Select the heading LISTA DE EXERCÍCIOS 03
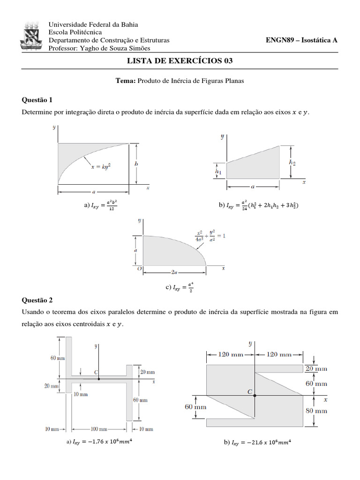pyautogui.click(x=180, y=61)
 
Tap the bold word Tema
pyautogui.click(x=125, y=81)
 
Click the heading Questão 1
pyautogui.click(x=37, y=100)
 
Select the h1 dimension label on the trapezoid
pyautogui.click(x=218, y=172)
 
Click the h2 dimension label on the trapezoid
pyautogui.click(x=292, y=162)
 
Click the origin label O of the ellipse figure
pyautogui.click(x=139, y=269)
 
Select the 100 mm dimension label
pyautogui.click(x=98, y=429)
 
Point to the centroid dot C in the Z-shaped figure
pyautogui.click(x=255, y=395)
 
